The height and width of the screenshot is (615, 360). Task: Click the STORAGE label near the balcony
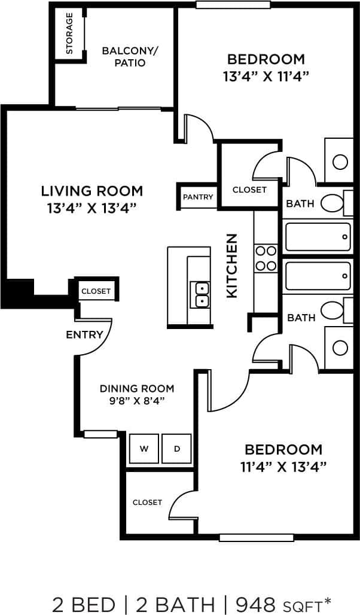pyautogui.click(x=69, y=33)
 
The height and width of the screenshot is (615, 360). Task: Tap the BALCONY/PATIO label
pyautogui.click(x=130, y=56)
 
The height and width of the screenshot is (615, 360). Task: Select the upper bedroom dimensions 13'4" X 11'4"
pyautogui.click(x=266, y=76)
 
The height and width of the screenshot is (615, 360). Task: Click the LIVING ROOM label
pyautogui.click(x=92, y=191)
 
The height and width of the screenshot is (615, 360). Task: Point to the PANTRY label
pyautogui.click(x=198, y=197)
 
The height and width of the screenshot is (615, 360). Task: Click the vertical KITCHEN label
pyautogui.click(x=232, y=265)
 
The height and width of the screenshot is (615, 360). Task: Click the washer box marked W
pyautogui.click(x=144, y=449)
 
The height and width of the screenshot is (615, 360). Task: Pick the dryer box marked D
pyautogui.click(x=176, y=449)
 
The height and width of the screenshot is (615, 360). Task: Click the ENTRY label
pyautogui.click(x=84, y=334)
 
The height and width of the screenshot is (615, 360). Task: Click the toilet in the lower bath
pyautogui.click(x=332, y=310)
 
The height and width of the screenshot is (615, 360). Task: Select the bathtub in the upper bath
pyautogui.click(x=318, y=237)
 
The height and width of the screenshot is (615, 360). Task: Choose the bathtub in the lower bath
pyautogui.click(x=318, y=276)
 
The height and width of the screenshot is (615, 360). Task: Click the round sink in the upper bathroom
pyautogui.click(x=340, y=162)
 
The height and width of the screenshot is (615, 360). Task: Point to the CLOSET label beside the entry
pyautogui.click(x=96, y=291)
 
